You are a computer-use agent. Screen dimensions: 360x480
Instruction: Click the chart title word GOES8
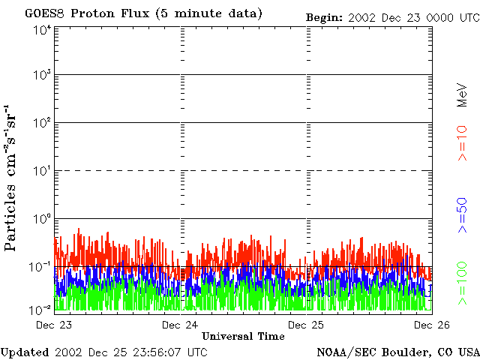click(x=42, y=14)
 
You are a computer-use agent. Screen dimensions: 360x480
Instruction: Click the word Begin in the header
click(x=324, y=16)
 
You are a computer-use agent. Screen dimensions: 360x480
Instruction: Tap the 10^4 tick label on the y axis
click(x=41, y=30)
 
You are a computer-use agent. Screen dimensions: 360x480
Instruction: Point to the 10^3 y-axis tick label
click(x=41, y=76)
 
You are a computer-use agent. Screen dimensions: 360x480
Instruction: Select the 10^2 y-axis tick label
click(x=41, y=124)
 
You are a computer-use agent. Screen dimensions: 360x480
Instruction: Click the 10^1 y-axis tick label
click(x=41, y=172)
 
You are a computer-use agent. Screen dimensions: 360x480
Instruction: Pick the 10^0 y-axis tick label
click(x=41, y=219)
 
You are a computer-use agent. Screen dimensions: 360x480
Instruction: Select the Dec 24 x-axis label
click(x=181, y=325)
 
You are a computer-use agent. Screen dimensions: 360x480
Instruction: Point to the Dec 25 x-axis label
click(x=305, y=325)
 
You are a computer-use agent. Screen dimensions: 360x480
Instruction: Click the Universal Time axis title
click(x=243, y=337)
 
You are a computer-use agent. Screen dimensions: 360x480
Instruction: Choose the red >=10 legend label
click(x=463, y=142)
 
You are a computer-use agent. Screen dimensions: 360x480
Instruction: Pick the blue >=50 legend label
click(x=463, y=216)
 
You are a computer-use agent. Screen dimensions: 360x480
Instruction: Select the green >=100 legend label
click(x=463, y=283)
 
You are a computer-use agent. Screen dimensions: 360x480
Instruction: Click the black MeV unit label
click(x=463, y=95)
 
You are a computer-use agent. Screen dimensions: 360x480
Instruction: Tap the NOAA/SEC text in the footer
click(x=341, y=352)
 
